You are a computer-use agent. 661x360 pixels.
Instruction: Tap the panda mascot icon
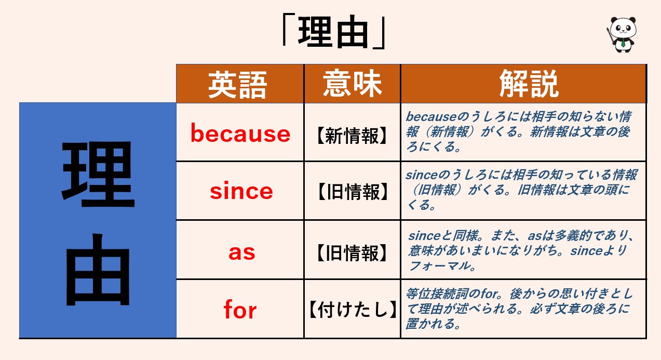tap(623, 34)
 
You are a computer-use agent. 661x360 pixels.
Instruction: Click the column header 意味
tap(352, 84)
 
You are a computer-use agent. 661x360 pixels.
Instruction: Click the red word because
tap(240, 134)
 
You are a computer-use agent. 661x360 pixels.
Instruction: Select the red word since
tap(241, 191)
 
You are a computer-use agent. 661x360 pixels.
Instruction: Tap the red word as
tap(242, 252)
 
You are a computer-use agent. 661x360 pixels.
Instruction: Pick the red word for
tap(240, 310)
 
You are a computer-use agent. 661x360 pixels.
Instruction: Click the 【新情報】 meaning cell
tap(352, 136)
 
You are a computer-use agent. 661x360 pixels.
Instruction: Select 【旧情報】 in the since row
tap(352, 192)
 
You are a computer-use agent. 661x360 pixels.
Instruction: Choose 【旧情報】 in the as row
tap(352, 253)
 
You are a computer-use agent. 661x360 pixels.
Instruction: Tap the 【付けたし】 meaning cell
tap(352, 310)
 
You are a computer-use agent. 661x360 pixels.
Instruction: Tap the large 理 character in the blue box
tap(98, 171)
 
